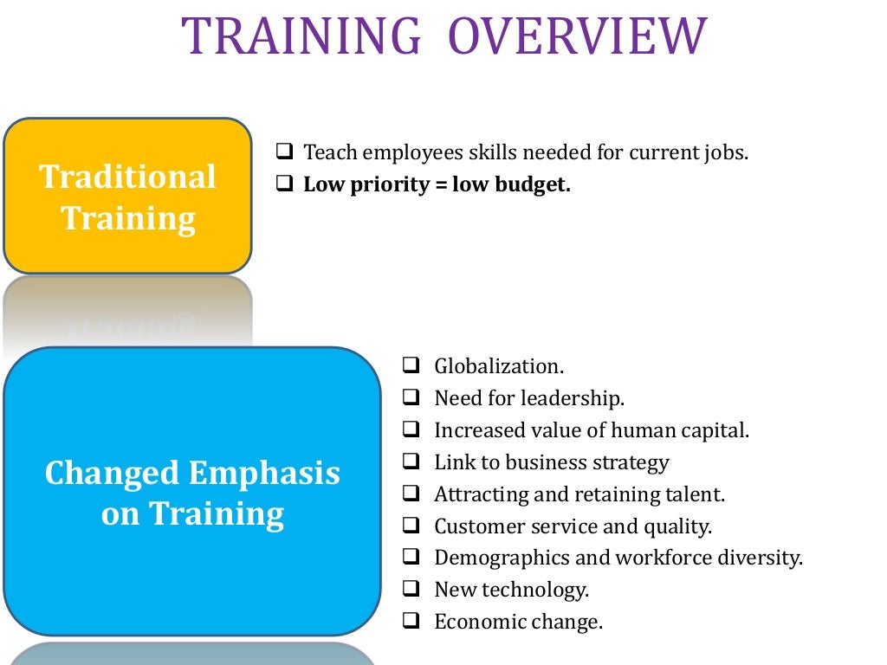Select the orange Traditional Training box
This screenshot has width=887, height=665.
pyautogui.click(x=127, y=197)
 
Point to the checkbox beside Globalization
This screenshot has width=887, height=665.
pyautogui.click(x=411, y=365)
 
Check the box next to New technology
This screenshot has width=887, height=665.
pyautogui.click(x=411, y=590)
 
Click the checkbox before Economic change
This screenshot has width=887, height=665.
pyautogui.click(x=411, y=622)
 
